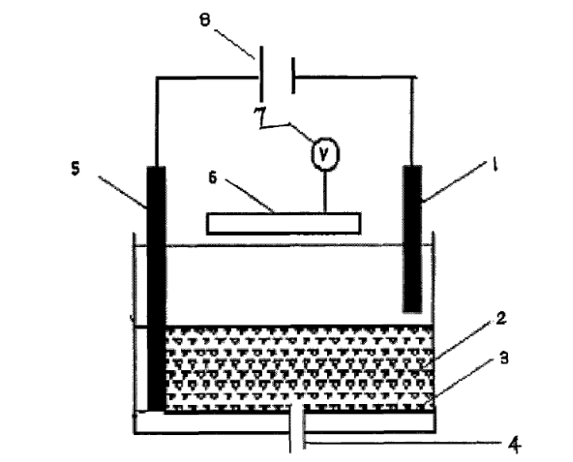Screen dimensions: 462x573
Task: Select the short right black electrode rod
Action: point(412,238)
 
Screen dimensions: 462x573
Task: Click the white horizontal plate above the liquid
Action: point(283,223)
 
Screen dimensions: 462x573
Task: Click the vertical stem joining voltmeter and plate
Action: point(323,191)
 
